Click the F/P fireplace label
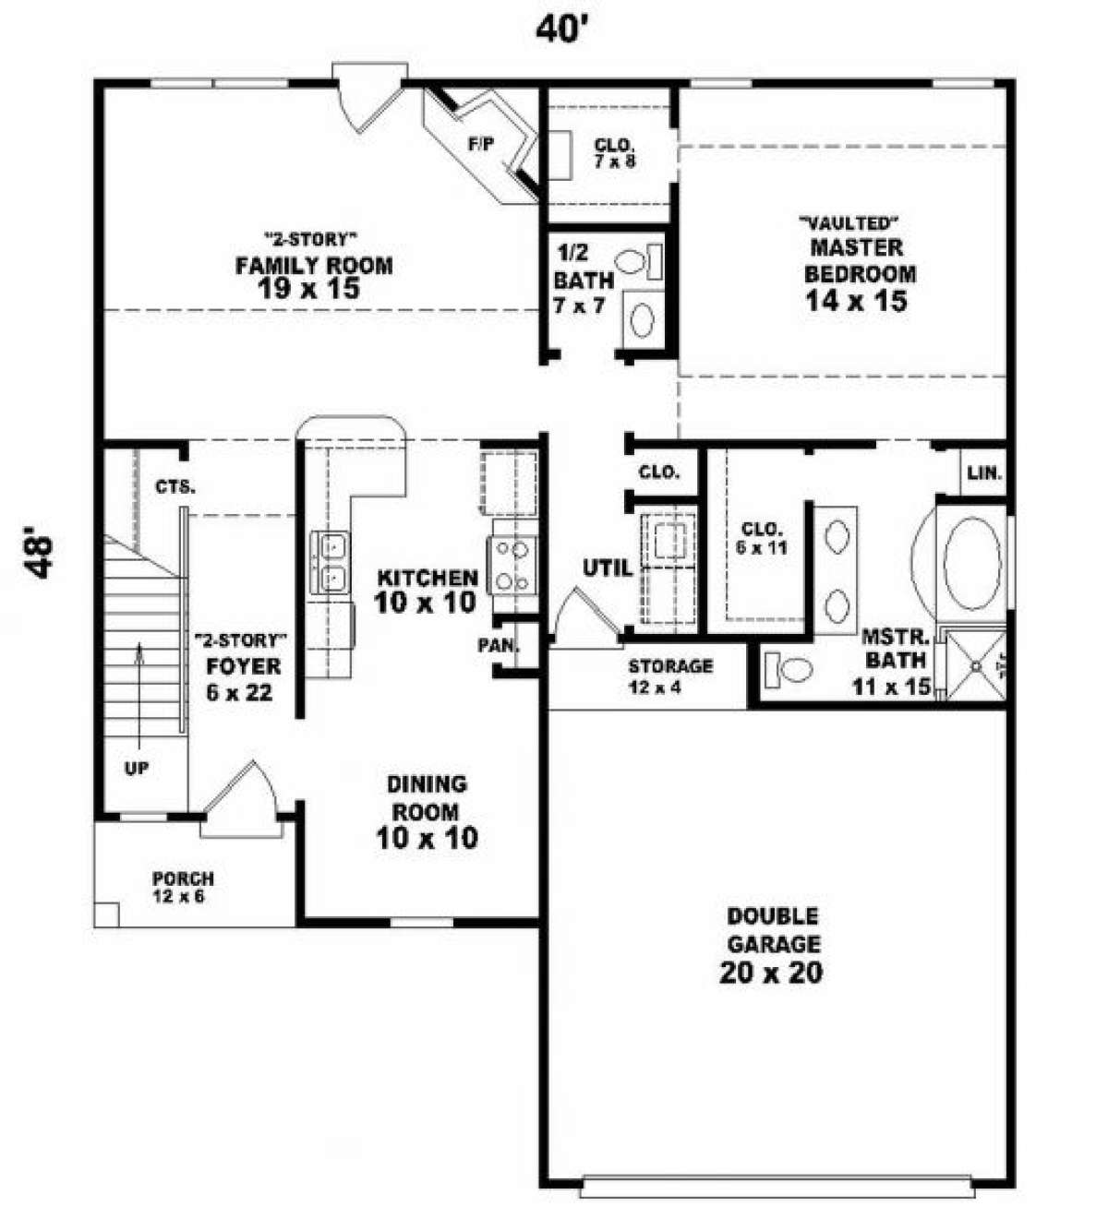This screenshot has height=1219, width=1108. tap(481, 144)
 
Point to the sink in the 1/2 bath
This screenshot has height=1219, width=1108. tap(642, 319)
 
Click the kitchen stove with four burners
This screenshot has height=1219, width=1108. tap(512, 566)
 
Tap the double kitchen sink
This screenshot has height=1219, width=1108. tap(330, 562)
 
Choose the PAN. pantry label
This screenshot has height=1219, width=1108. tap(498, 645)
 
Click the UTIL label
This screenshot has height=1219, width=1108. tap(608, 568)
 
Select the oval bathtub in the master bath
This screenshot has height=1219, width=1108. tap(971, 564)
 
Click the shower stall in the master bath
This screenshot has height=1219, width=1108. tap(975, 665)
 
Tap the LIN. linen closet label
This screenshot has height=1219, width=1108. tap(984, 472)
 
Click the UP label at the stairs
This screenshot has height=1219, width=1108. tap(137, 769)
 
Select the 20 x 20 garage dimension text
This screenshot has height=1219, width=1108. tap(770, 972)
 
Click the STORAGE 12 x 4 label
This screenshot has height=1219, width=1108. tap(670, 675)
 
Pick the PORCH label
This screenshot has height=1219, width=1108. tap(183, 878)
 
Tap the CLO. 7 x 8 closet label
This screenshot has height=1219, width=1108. tap(616, 153)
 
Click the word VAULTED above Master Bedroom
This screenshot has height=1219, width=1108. tap(849, 223)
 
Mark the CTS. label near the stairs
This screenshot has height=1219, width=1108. tap(175, 486)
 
